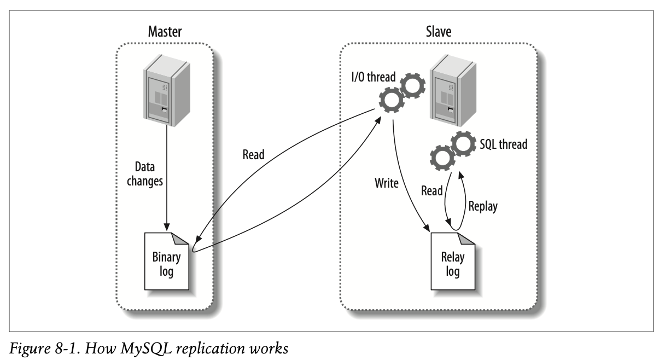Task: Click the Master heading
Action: pyautogui.click(x=165, y=32)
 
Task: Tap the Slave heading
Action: pyautogui.click(x=439, y=32)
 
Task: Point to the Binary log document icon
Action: pyautogui.click(x=166, y=261)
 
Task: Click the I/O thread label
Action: pyautogui.click(x=373, y=77)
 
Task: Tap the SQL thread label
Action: pyautogui.click(x=503, y=144)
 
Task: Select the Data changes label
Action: pyautogui.click(x=145, y=174)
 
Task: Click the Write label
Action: pyautogui.click(x=387, y=183)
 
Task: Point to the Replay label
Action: pyautogui.click(x=483, y=207)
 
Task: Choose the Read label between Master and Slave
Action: pyautogui.click(x=253, y=155)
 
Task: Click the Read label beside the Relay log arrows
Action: pyautogui.click(x=432, y=191)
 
